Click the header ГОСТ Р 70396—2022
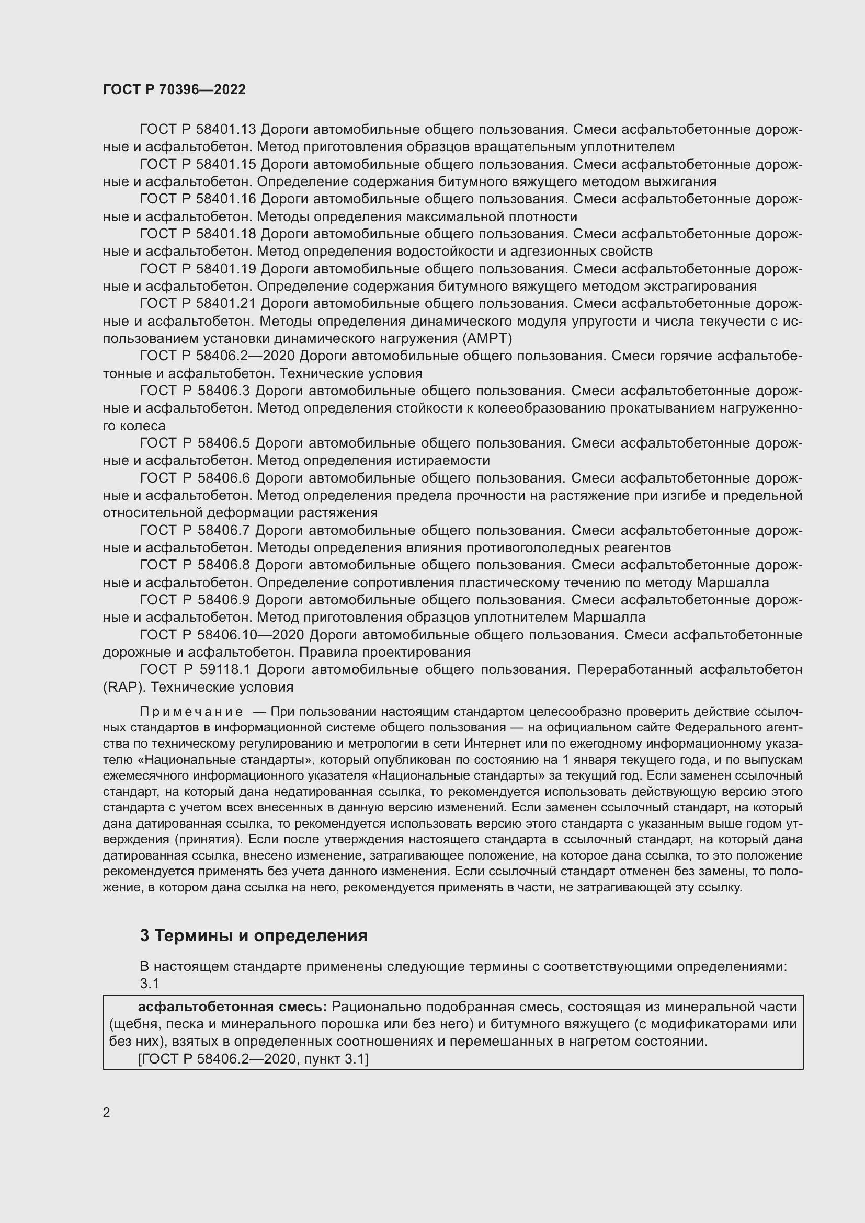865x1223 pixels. [174, 89]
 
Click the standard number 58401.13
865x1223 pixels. [226, 130]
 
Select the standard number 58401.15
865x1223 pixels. [226, 164]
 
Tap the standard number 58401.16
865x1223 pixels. [226, 199]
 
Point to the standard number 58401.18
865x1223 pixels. [226, 234]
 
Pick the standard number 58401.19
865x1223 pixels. [226, 268]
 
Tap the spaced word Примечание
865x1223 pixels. [192, 712]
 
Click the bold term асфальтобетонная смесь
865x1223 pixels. [232, 1007]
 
